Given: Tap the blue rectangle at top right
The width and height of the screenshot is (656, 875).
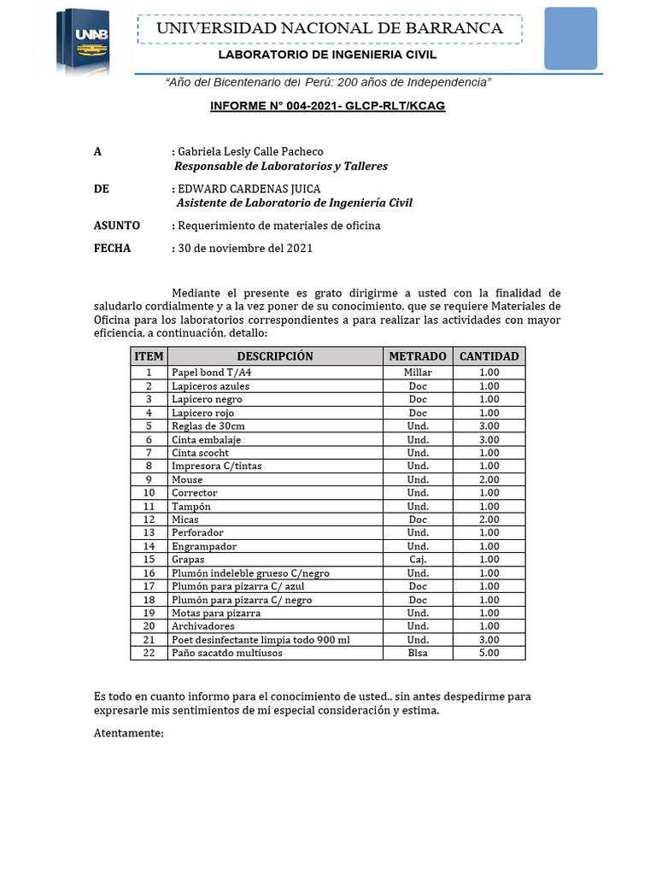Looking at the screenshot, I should pos(571,38).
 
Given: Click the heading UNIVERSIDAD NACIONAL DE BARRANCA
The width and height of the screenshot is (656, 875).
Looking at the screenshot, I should pos(329,28).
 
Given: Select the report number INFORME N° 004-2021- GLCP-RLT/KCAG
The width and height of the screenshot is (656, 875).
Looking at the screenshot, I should pos(328,106).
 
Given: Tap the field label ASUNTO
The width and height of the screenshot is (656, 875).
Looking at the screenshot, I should pos(116,226).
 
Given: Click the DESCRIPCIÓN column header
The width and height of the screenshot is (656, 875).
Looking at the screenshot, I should pos(274,356).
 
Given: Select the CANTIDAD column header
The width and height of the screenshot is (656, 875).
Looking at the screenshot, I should pos(489,356).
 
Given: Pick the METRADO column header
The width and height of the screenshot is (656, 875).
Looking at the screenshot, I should pos(418,356).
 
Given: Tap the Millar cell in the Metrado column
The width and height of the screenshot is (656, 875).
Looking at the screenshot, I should pos(418,373).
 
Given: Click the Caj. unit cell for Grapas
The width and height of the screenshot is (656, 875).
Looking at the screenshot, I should pos(418,560).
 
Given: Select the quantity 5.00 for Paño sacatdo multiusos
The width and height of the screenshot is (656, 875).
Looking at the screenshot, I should pos(489,653).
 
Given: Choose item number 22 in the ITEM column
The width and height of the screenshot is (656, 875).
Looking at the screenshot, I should pos(149,653).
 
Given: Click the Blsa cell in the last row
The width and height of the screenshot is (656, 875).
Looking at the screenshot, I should pos(418,653).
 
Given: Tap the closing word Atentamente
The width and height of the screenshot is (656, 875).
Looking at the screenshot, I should pos(128,733).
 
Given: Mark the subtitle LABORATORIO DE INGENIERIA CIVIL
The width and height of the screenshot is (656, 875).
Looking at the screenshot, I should pos(327,55).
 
